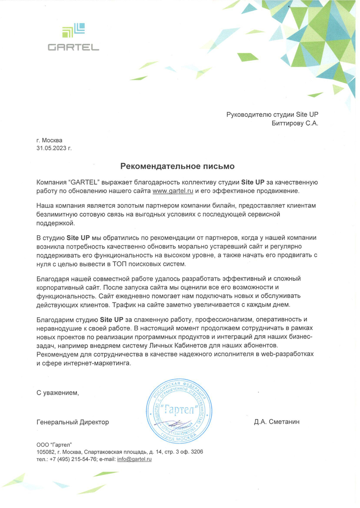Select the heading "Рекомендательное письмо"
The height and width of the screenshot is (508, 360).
click(x=177, y=166)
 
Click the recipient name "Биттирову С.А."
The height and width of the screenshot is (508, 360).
click(x=295, y=123)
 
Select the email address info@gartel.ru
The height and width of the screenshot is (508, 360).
click(x=134, y=459)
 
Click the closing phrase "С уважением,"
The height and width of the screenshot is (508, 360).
click(x=58, y=392)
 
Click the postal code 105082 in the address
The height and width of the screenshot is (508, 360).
click(x=45, y=451)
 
